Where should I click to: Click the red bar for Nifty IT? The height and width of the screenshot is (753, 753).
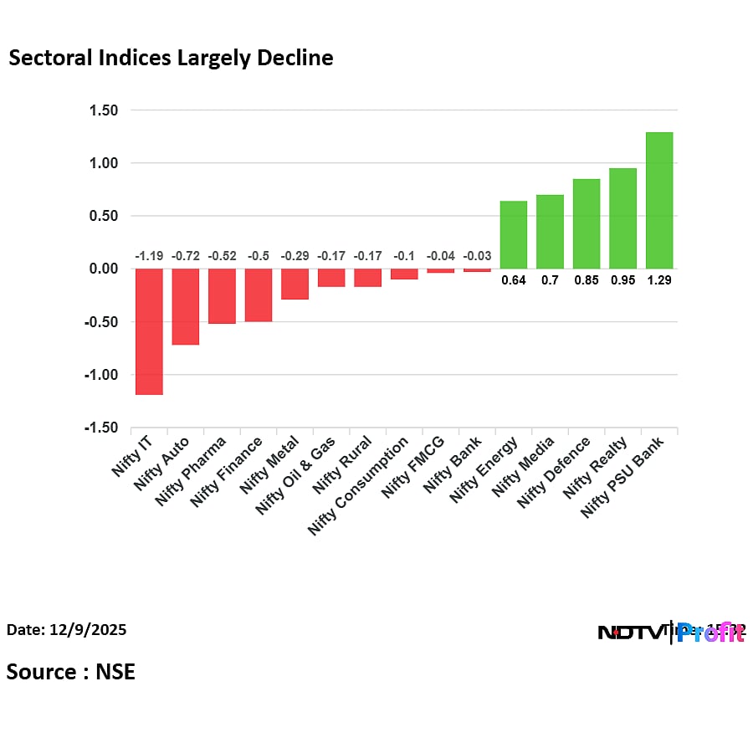149,330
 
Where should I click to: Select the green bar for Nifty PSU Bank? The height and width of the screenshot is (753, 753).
659,201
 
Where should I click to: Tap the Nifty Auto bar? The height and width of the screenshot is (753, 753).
185,306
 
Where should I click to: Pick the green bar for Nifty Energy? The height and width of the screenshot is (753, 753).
513,235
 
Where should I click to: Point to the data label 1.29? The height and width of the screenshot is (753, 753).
659,280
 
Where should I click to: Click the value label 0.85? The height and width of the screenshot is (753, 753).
586,280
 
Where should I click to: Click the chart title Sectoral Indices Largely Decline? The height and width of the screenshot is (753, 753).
171,58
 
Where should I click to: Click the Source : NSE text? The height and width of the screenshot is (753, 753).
71,671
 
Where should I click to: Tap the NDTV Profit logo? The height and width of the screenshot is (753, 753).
671,633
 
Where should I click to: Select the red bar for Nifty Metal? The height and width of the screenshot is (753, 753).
295,284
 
